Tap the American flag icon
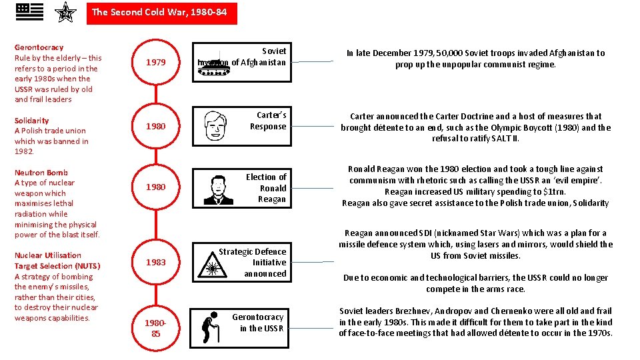(x=29, y=12)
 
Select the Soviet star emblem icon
(x=65, y=12)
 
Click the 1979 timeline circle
(x=156, y=62)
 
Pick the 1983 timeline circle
(x=156, y=262)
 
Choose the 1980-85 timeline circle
(x=156, y=328)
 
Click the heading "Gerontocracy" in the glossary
(x=39, y=47)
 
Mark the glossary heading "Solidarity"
(x=31, y=121)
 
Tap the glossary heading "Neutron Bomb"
(x=41, y=173)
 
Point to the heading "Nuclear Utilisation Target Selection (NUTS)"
(x=47, y=261)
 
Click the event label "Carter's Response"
(x=268, y=121)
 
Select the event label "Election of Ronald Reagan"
(x=267, y=188)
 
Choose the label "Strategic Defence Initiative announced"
(x=253, y=263)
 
